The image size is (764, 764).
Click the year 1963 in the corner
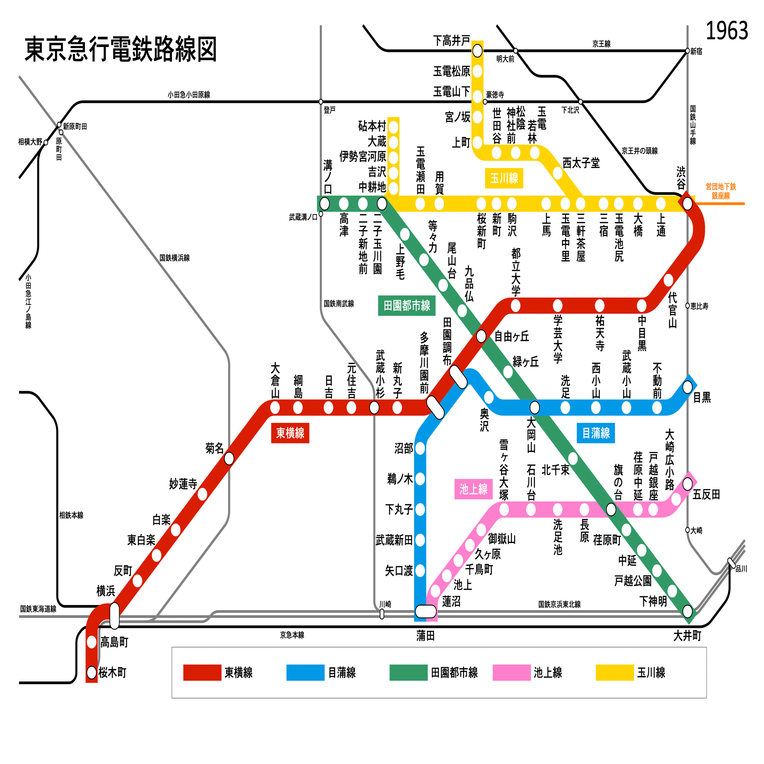(727, 31)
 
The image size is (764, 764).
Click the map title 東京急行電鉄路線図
(121, 49)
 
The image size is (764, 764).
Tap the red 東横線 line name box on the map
(290, 433)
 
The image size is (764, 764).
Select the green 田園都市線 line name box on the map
(406, 305)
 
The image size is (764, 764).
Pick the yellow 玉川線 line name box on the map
(504, 178)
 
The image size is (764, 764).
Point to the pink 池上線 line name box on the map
(473, 489)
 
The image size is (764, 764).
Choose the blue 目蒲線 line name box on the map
(596, 433)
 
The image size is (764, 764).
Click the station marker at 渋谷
(687, 204)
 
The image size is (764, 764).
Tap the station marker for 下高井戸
(477, 51)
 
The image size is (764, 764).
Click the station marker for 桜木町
(92, 672)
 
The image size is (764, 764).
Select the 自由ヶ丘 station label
(512, 337)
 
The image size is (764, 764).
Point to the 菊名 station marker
(229, 459)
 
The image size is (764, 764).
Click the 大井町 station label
(687, 636)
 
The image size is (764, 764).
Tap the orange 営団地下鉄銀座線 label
(720, 191)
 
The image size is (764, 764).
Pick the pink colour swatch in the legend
(511, 673)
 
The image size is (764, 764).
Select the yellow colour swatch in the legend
(615, 673)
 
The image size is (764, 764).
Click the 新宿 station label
(696, 52)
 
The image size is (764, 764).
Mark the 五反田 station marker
(687, 484)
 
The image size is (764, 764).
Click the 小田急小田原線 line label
(189, 94)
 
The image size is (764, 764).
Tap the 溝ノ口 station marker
(324, 204)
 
